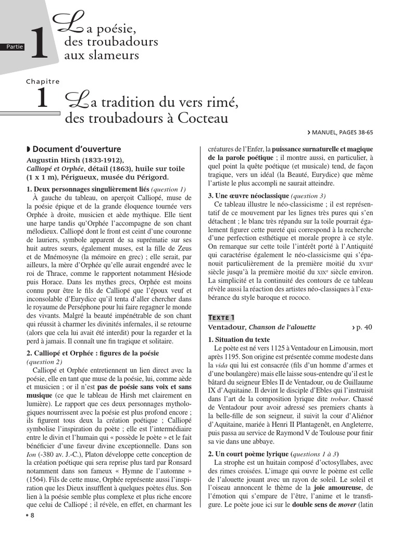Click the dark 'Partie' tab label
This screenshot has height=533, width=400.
[x=15, y=47]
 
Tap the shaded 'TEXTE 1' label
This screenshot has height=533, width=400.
[x=221, y=317]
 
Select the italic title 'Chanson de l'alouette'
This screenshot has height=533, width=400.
[x=282, y=327]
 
